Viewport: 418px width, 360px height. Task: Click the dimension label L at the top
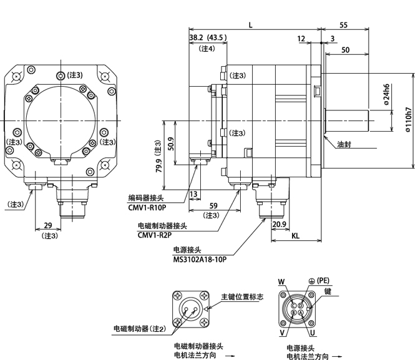[250, 24]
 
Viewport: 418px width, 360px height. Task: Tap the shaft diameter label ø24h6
[387, 96]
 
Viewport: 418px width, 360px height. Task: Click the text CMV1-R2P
[154, 235]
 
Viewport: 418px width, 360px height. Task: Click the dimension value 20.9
[279, 224]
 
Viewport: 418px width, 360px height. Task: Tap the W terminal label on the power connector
[282, 283]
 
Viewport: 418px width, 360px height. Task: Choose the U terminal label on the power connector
[313, 333]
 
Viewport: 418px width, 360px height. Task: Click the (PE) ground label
[322, 280]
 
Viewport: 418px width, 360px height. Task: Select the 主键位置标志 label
[242, 296]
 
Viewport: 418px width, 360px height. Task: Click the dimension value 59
[213, 206]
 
